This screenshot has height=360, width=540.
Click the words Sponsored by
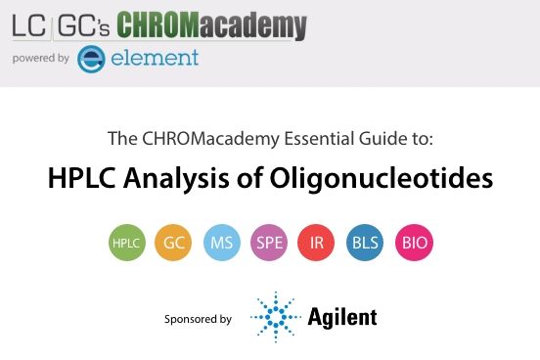click(199, 319)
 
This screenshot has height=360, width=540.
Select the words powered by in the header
click(40, 59)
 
